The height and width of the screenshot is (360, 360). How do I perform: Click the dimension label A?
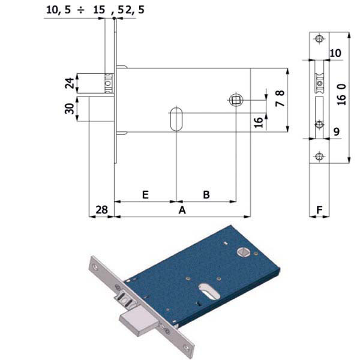[182, 210]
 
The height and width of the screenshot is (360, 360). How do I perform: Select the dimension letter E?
[145, 194]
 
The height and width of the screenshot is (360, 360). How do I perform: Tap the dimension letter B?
[206, 194]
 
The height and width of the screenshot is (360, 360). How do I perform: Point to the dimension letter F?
[319, 209]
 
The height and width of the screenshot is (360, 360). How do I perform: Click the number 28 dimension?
[101, 210]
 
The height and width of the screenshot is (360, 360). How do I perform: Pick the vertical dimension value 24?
[70, 83]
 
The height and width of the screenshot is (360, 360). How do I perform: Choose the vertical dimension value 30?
[70, 109]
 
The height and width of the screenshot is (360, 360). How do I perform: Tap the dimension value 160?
[341, 95]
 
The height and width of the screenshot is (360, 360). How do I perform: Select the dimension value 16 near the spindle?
[259, 122]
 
